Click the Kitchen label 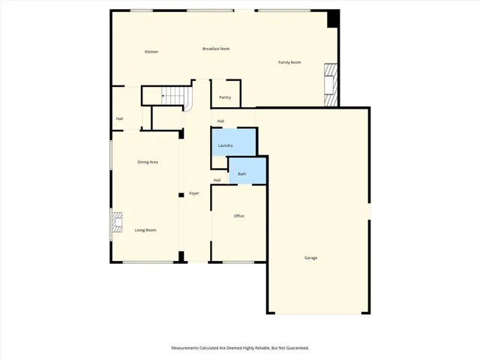coord(151,52)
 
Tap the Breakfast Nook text coord(216,49)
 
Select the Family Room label coord(289,62)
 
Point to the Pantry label coord(225,97)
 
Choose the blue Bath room coord(247,171)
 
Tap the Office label coord(238,216)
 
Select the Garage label coord(310,258)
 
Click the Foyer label coord(194,193)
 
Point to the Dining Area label coord(147,162)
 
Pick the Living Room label coord(145,230)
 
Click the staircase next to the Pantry coord(173,96)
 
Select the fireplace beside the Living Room coord(116,223)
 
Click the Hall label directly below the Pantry coord(221,121)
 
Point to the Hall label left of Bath coord(217,180)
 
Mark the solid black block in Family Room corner coord(334,19)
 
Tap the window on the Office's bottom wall coord(238,262)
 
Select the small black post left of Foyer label coord(181,195)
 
